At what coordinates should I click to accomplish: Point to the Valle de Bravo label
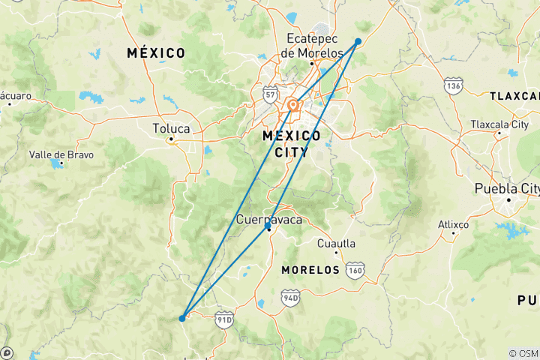click(61, 154)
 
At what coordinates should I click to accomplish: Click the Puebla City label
click(507, 188)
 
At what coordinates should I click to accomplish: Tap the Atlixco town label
click(454, 224)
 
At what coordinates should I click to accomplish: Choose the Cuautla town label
click(335, 244)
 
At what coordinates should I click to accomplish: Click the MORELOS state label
click(310, 269)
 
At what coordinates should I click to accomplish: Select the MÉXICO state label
click(156, 53)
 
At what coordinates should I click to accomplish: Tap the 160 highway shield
click(355, 268)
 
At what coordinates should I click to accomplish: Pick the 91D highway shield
click(224, 319)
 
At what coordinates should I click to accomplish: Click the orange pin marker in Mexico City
click(292, 106)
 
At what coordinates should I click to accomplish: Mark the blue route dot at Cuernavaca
click(268, 226)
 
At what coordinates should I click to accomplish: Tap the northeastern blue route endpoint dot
click(358, 41)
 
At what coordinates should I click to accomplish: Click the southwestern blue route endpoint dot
click(182, 318)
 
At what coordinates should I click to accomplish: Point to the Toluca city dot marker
click(171, 139)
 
